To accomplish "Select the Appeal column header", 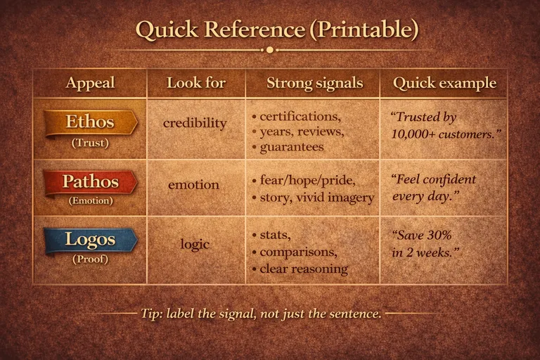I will click(x=90, y=83).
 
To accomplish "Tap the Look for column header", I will click(x=196, y=83).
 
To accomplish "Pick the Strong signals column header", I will click(x=314, y=83).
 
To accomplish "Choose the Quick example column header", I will click(x=444, y=83).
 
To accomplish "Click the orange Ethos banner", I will click(x=90, y=122).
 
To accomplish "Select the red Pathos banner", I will click(x=90, y=181).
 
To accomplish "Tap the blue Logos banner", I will click(x=90, y=239).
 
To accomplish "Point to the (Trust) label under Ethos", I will click(x=90, y=143).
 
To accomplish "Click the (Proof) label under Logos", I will click(x=90, y=259).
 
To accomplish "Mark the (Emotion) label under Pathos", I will click(x=90, y=200).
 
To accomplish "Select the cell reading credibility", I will click(x=195, y=123).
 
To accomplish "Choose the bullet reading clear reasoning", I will click(x=304, y=269).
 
